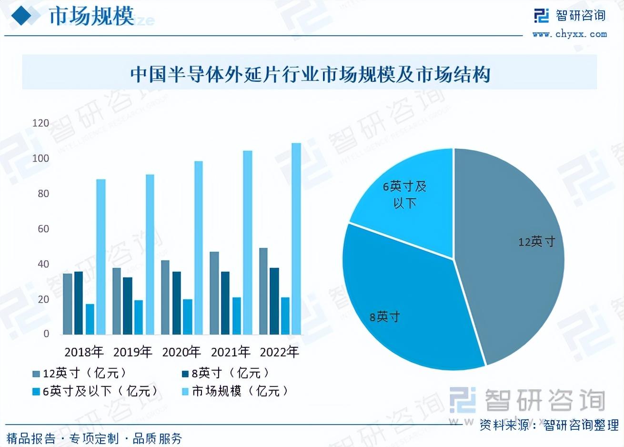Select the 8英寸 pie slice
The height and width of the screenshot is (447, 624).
405,305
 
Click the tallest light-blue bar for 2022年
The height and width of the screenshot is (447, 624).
296,238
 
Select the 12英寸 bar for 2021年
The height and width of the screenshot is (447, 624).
214,293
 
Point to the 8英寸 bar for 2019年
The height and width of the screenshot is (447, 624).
128,305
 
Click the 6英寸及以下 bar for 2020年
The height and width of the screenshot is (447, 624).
187,316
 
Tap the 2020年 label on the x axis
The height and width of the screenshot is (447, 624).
181,352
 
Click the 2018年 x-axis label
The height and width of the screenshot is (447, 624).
84,352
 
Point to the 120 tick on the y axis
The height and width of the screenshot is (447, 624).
40,123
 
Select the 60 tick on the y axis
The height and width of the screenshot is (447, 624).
43,229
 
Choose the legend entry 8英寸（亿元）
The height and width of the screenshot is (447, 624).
226,373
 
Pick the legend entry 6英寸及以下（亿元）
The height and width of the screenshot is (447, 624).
95,391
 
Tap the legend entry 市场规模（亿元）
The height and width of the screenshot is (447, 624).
236,391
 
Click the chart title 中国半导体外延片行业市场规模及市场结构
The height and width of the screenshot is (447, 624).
310,75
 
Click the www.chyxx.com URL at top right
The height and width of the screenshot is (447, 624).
570,34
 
